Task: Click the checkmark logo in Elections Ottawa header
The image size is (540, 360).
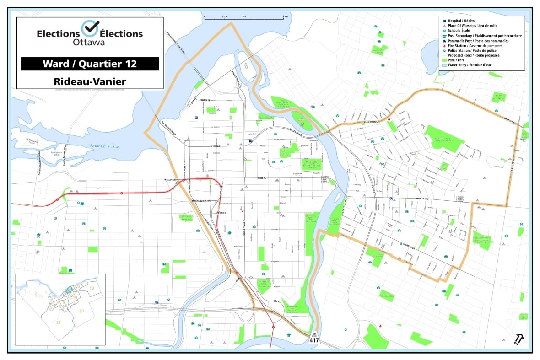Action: coord(90,28)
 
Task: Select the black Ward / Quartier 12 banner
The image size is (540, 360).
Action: coord(90,64)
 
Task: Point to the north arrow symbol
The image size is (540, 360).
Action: coord(519,339)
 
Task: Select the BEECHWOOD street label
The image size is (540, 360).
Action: coord(369,122)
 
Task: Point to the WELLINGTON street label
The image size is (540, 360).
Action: coord(168,180)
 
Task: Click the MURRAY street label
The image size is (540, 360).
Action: coord(216,146)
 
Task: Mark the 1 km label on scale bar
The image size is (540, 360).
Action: coord(285,16)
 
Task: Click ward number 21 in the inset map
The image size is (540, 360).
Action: coord(58,322)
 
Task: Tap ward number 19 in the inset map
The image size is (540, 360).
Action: coord(92,288)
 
